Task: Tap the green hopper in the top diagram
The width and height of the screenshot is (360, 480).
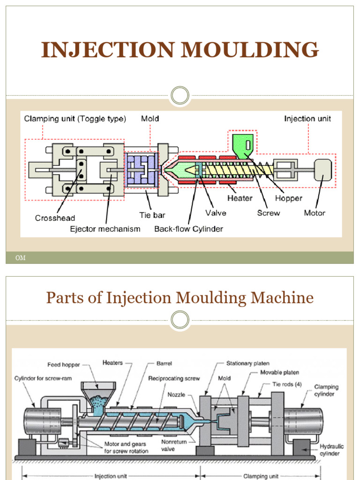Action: click(x=243, y=145)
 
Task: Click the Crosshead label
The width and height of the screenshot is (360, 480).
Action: click(x=55, y=218)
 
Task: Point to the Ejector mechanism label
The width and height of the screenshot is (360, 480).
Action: click(x=105, y=229)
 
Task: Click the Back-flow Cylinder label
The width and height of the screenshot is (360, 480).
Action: click(x=188, y=229)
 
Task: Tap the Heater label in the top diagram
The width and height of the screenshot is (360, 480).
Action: click(x=240, y=198)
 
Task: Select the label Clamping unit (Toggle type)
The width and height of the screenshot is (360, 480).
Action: click(x=75, y=119)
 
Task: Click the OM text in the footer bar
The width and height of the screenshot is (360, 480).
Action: click(x=21, y=258)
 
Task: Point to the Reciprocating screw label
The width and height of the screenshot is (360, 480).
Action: click(x=174, y=378)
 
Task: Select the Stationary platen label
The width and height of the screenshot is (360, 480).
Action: click(x=247, y=363)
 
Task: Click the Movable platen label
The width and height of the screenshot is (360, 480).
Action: click(x=279, y=373)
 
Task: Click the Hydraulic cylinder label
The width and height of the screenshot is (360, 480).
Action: click(x=331, y=450)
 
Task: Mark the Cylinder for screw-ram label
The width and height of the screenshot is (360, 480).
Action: click(x=43, y=378)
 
